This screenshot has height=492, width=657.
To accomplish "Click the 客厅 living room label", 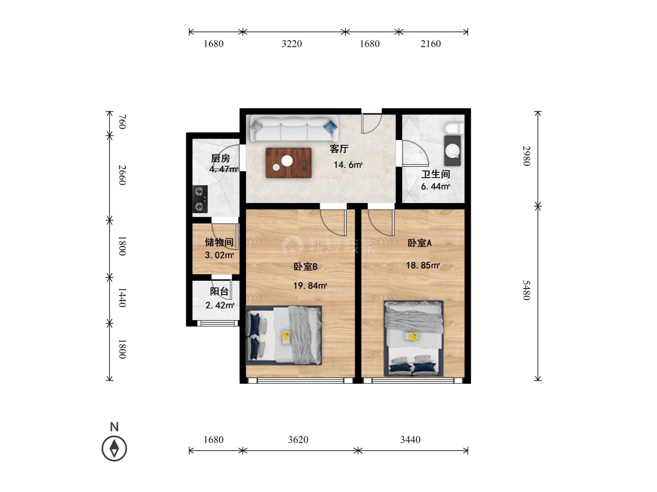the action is coord(339,149).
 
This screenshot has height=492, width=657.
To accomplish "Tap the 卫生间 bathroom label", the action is coord(436,174).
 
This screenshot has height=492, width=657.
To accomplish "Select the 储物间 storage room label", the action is coord(219,242).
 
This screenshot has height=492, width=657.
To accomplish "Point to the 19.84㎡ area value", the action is coord(310,286).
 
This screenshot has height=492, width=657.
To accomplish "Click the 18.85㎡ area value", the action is coord(423,265).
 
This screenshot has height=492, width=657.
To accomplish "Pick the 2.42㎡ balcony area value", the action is coord(220,305).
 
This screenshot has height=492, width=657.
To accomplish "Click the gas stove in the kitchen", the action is coord(200,199).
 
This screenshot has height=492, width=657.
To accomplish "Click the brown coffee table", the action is coord(288,163).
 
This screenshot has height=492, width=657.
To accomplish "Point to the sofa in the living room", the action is coord(294,128).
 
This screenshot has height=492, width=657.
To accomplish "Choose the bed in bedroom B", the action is coord(283,335).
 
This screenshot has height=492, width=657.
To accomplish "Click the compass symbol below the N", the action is coord(114,448).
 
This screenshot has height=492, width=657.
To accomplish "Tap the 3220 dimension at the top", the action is coord(292,44).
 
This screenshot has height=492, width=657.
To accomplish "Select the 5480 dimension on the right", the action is coord(526,290).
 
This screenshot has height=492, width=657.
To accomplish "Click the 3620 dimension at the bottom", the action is coord(298,440).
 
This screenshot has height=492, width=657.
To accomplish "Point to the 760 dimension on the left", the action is coord(122,122).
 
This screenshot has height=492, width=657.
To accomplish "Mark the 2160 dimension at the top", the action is coord(431,44).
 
